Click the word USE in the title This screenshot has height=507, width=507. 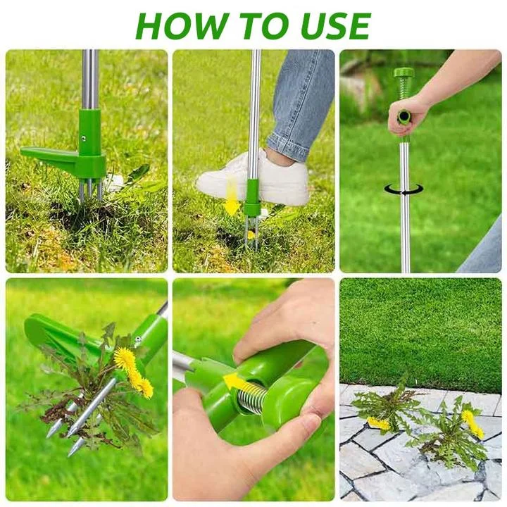[336, 26]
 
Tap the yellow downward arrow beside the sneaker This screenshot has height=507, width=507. [232, 198]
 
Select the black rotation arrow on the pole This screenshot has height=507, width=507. [404, 189]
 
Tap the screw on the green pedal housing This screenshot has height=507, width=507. [83, 139]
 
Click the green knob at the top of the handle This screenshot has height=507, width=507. [403, 73]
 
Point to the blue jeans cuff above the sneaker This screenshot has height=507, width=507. [287, 142]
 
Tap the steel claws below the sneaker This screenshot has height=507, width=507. [251, 232]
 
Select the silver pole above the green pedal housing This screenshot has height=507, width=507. [90, 79]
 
